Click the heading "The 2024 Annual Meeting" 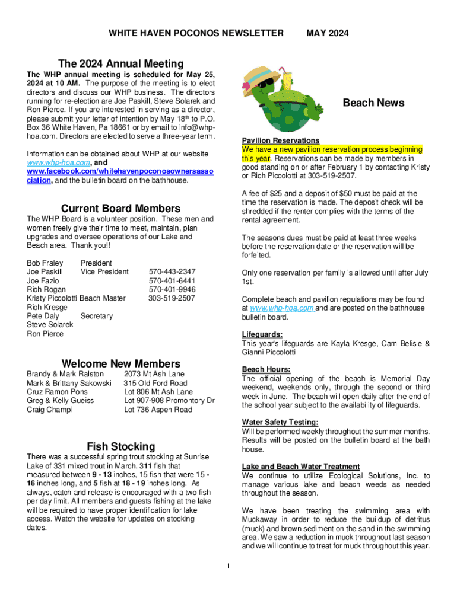(120, 63)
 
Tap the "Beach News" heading (373, 103)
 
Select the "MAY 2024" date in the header (327, 33)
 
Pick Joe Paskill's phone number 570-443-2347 (172, 271)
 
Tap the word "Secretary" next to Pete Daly (96, 316)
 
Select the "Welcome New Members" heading (121, 363)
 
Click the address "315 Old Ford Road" (155, 383)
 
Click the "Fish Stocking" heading (120, 446)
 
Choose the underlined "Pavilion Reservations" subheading (281, 140)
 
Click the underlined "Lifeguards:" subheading (262, 334)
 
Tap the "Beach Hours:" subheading (266, 370)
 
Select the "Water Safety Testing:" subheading (280, 422)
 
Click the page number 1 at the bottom (228, 567)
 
